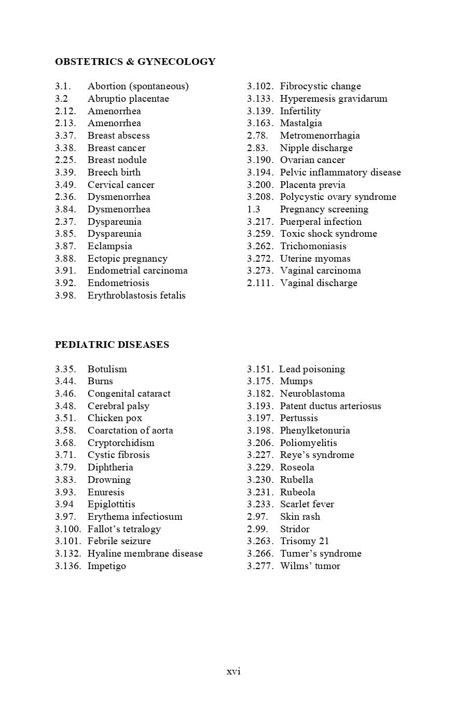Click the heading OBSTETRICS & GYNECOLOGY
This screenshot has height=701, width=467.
[x=135, y=62]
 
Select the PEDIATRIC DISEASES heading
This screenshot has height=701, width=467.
[x=112, y=345]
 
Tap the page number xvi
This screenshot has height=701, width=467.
[x=233, y=671]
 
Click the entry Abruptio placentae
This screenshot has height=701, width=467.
[x=128, y=99]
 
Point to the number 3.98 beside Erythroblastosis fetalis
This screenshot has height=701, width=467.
[x=65, y=295]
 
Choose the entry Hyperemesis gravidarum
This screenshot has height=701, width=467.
[x=333, y=99]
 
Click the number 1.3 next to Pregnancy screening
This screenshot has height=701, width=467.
[x=254, y=209]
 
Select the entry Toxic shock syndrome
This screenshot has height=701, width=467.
[x=328, y=234]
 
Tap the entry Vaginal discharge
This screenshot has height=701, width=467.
[x=319, y=283]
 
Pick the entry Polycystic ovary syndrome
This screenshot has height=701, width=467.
[x=338, y=197]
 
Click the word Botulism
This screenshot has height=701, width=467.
[x=107, y=369]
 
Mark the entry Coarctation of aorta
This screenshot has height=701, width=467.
[x=130, y=430]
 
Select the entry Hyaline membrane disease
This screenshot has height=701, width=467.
[x=145, y=554]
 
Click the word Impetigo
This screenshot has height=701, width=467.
[x=106, y=566]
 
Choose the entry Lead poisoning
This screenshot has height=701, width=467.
[x=312, y=369]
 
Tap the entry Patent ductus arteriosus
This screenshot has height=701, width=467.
[x=331, y=406]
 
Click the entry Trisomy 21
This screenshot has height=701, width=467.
[x=305, y=541]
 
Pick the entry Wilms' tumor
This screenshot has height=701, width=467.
[x=310, y=566]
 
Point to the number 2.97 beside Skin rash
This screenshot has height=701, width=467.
[x=257, y=517]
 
